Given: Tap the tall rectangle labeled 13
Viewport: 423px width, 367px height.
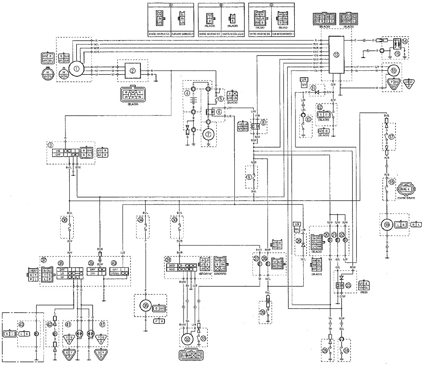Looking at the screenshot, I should [336, 55].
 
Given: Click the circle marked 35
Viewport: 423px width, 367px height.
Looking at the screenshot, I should [146, 307].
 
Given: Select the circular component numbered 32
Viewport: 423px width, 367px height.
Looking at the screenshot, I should [187, 339].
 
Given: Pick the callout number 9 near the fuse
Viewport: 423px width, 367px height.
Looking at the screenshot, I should [248, 177].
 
